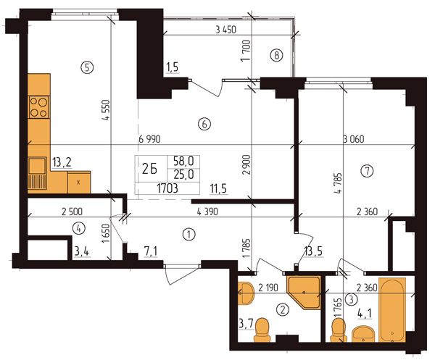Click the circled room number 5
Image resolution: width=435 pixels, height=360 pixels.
click(x=87, y=67)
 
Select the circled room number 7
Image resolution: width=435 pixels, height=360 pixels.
click(x=367, y=171)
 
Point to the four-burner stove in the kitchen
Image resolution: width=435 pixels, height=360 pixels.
click(x=39, y=106)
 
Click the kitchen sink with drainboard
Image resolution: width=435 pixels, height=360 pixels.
click(x=37, y=173)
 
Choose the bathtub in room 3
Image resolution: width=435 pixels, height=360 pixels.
click(x=392, y=310)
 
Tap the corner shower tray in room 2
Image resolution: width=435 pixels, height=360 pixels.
click(x=304, y=292)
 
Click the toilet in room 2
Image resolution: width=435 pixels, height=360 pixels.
click(x=262, y=330)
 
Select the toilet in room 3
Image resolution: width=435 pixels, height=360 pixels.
click(x=338, y=330)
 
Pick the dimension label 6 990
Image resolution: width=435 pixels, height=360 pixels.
click(x=149, y=139)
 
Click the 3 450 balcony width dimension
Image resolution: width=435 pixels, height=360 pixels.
click(x=225, y=30)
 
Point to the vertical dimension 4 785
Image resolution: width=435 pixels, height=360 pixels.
click(x=339, y=183)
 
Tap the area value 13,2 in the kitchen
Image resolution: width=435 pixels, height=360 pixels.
click(x=62, y=162)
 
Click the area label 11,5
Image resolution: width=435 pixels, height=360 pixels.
click(x=218, y=189)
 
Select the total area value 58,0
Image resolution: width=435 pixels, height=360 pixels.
click(x=183, y=161)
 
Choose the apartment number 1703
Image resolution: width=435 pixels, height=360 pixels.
click(x=167, y=188)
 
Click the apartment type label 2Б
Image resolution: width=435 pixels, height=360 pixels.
click(x=150, y=169)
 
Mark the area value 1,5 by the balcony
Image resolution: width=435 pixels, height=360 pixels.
click(x=173, y=67)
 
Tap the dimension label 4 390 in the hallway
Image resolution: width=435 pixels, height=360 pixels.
click(x=207, y=212)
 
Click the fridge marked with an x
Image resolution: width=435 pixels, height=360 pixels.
click(x=79, y=182)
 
